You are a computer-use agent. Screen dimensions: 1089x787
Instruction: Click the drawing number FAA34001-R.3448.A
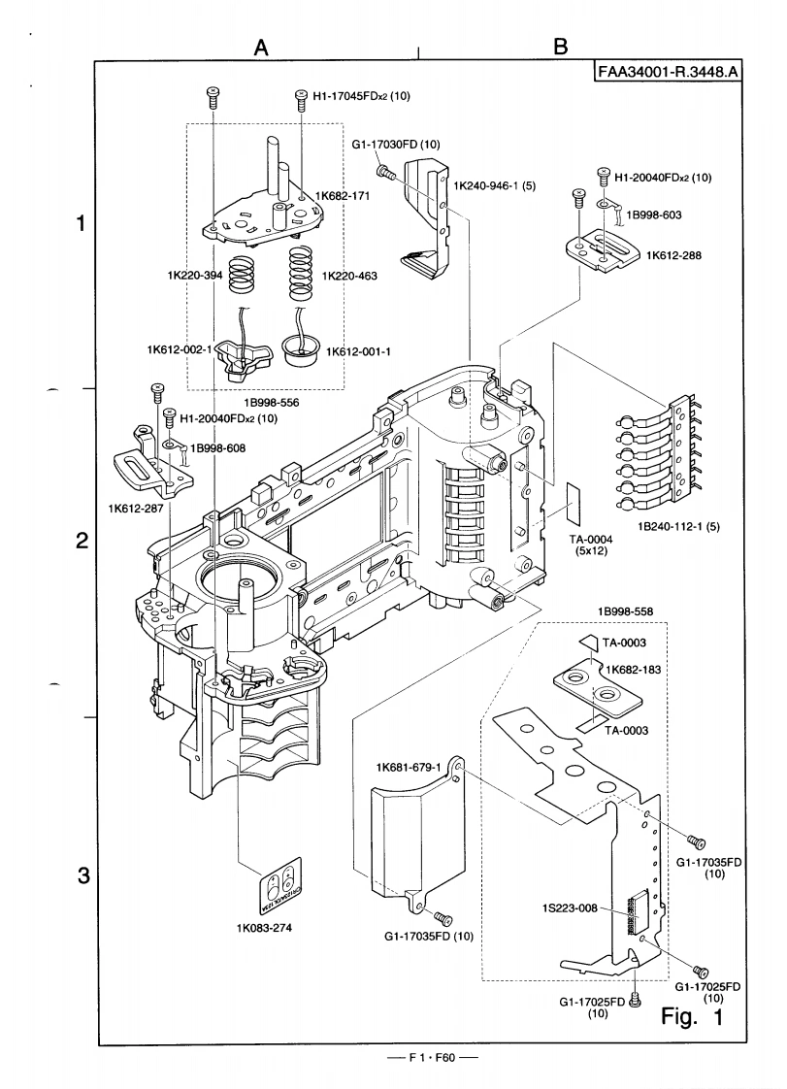(x=667, y=74)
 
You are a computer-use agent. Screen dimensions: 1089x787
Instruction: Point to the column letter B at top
(x=561, y=46)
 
